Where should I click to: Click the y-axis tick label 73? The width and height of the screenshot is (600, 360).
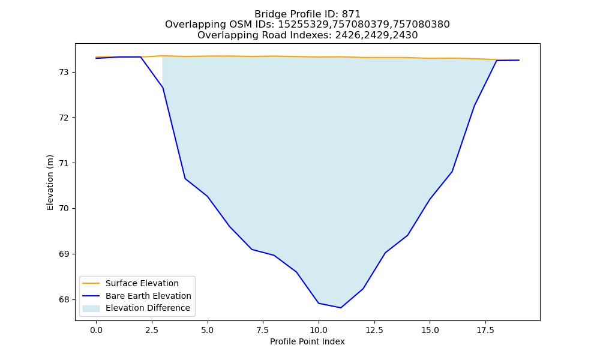[64, 73]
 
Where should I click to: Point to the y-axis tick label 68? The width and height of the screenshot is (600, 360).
[64, 299]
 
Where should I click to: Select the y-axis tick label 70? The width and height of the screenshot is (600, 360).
[64, 209]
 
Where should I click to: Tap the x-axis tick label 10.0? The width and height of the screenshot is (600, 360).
[319, 330]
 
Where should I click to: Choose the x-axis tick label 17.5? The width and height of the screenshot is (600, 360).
[485, 330]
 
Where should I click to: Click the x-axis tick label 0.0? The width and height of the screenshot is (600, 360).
[96, 330]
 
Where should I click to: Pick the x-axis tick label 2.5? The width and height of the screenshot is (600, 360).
[152, 330]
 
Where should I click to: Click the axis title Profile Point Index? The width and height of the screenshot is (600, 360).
[307, 341]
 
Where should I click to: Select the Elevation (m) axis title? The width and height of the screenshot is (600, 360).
[50, 182]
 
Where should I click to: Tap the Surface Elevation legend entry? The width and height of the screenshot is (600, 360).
[142, 283]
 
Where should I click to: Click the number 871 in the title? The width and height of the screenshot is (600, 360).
[351, 14]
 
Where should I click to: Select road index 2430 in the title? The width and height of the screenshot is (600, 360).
[405, 35]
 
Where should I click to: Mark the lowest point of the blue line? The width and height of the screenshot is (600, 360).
[341, 308]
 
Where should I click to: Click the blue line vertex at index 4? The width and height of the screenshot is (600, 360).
[185, 179]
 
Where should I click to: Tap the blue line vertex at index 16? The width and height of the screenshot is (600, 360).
[452, 172]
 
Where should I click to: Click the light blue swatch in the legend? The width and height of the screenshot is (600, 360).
[91, 308]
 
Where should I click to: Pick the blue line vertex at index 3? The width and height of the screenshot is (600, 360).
[163, 88]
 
